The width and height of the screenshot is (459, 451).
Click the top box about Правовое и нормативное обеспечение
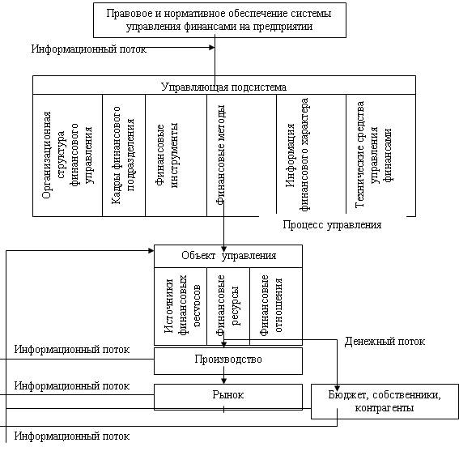[219, 20]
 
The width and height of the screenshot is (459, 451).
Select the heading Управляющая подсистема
[224, 87]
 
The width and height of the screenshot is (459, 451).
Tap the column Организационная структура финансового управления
[68, 155]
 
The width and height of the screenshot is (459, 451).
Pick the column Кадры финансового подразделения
[124, 155]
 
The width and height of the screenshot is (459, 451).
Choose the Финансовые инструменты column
[176, 155]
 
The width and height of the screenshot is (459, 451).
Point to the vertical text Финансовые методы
[221, 155]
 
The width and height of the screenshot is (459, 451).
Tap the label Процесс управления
[332, 225]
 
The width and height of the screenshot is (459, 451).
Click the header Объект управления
[228, 256]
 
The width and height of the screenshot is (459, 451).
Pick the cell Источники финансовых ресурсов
[181, 306]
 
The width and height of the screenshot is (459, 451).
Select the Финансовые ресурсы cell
[228, 306]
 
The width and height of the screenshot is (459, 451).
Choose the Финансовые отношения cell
[276, 306]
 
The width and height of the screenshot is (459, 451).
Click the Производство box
[228, 361]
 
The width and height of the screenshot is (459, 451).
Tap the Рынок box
[228, 397]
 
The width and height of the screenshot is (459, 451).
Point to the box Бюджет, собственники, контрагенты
[385, 402]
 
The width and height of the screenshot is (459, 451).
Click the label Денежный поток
[385, 342]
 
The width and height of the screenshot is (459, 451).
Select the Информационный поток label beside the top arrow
[89, 49]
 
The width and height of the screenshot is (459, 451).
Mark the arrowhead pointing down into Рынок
[223, 381]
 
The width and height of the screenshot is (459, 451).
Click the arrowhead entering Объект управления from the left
[151, 251]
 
